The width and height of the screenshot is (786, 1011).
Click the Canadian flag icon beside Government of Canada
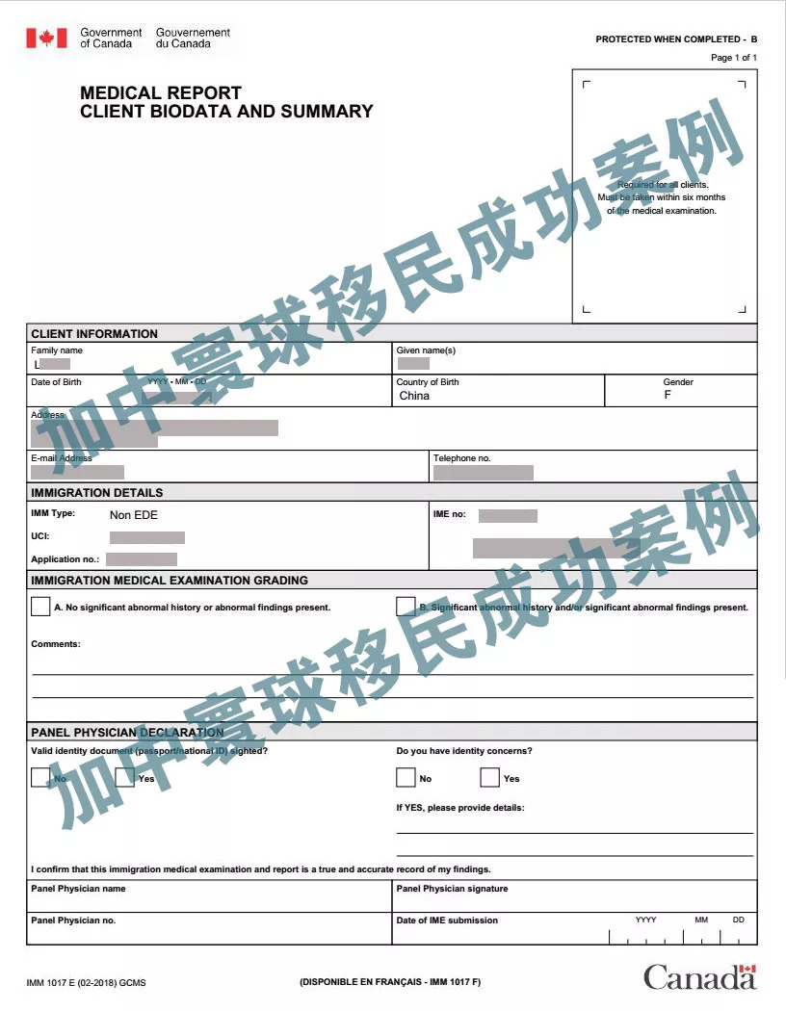click(x=46, y=38)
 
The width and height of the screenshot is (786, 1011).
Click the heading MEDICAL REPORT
click(x=161, y=93)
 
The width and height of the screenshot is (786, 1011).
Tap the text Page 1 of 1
click(x=734, y=58)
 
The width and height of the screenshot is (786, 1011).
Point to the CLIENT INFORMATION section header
click(x=94, y=334)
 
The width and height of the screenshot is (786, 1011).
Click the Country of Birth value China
click(x=414, y=396)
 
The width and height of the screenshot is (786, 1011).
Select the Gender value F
click(x=668, y=396)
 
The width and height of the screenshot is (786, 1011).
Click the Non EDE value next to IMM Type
click(x=134, y=515)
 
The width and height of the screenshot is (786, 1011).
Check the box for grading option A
click(x=40, y=607)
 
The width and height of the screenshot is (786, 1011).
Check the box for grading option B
click(x=406, y=607)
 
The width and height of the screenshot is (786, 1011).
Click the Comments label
click(x=56, y=644)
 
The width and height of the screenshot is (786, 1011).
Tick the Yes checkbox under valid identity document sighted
click(x=124, y=777)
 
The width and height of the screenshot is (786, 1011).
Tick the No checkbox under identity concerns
click(x=406, y=777)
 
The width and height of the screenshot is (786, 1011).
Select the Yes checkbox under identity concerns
click(x=489, y=777)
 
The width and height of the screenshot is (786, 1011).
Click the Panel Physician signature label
click(x=452, y=889)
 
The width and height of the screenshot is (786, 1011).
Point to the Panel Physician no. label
click(x=73, y=920)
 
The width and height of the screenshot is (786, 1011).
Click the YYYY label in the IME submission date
click(x=645, y=920)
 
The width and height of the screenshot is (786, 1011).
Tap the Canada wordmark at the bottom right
click(x=699, y=976)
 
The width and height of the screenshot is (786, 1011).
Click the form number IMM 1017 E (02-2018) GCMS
click(x=87, y=983)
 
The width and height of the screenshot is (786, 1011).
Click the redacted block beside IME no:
click(x=508, y=516)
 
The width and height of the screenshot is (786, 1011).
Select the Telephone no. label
click(x=461, y=458)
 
